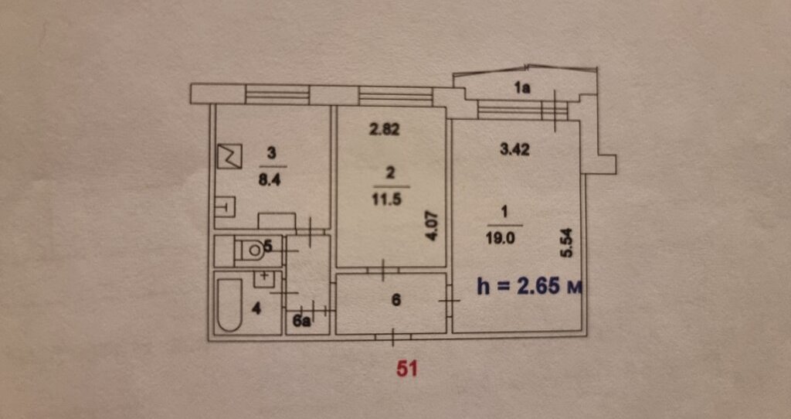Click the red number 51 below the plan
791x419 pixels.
coord(407,369)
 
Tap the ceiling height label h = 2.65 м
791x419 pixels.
coord(530,287)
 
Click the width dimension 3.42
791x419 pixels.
coord(514,150)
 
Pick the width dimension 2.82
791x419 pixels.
coord(385,129)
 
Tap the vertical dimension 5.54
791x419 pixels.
coord(568,244)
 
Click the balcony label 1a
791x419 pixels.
coord(523,89)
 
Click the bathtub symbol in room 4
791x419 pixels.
coord(230,304)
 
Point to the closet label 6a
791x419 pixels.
coord(301,322)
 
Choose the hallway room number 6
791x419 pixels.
coord(396,301)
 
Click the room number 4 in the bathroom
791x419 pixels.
coord(256,308)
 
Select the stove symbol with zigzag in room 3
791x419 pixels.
coord(229,156)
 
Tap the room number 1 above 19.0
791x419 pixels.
coord(505,214)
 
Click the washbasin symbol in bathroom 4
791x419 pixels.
coord(263,278)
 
